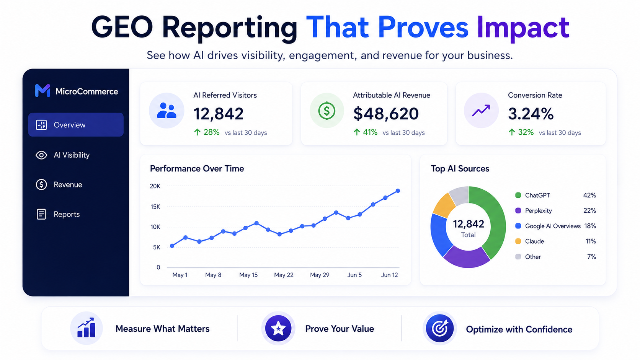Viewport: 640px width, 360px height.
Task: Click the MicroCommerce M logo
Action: [42, 91]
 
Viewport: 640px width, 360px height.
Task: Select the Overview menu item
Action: [76, 125]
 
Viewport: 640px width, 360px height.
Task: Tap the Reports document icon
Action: [41, 214]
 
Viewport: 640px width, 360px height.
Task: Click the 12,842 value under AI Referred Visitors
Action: [218, 114]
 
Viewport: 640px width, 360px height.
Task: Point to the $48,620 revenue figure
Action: [386, 114]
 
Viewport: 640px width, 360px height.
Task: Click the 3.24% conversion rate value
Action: [531, 114]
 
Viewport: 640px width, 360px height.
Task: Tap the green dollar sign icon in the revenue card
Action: [327, 111]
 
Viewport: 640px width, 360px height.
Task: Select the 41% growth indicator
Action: [366, 132]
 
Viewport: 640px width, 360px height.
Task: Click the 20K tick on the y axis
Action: [155, 186]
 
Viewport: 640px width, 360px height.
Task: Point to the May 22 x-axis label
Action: [284, 275]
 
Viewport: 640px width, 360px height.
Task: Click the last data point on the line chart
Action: [398, 191]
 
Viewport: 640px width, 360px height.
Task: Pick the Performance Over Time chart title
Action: [197, 168]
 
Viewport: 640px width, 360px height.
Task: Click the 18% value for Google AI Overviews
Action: [590, 226]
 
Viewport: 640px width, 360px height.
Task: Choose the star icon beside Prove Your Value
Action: [278, 328]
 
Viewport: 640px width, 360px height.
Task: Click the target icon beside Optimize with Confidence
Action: [440, 328]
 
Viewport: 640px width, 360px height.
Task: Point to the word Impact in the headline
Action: [523, 28]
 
